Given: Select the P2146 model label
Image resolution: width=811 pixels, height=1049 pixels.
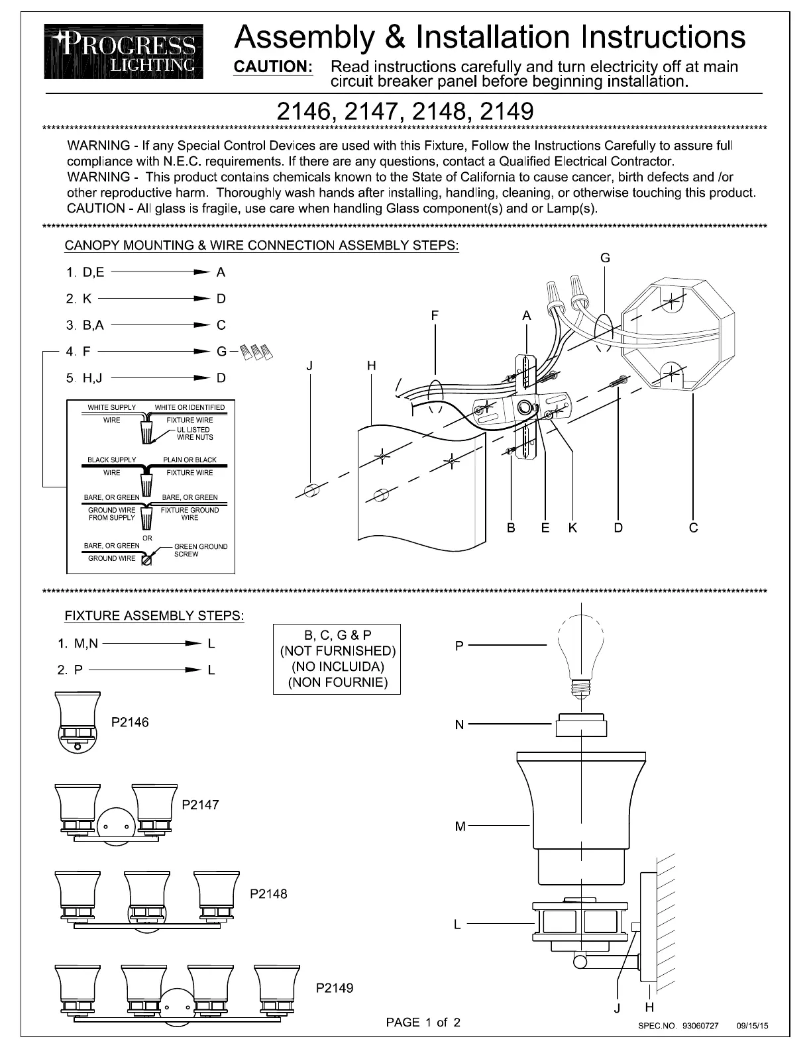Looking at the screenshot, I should click(130, 723).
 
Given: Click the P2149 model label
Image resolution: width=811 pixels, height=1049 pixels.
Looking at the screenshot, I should click(335, 988).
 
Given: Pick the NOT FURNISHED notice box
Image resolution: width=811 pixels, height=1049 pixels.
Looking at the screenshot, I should click(337, 659).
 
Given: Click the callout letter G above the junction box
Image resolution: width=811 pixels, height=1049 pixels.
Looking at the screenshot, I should click(605, 259).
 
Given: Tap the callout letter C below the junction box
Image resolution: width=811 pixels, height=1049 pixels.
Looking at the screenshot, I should click(693, 528).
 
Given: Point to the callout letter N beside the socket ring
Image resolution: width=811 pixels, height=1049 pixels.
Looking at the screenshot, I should click(459, 725).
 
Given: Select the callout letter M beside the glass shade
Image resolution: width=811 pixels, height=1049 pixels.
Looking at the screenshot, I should click(460, 826).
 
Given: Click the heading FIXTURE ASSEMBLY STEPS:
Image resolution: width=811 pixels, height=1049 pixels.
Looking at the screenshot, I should click(154, 616).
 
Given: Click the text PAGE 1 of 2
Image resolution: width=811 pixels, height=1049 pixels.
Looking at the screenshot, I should click(423, 1023).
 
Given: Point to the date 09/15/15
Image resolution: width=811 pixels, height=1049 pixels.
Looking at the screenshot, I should click(752, 1026).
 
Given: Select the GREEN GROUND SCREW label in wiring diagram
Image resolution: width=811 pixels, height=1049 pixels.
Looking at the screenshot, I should click(200, 550).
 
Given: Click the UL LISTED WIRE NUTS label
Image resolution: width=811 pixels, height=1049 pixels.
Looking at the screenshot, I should click(194, 433).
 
